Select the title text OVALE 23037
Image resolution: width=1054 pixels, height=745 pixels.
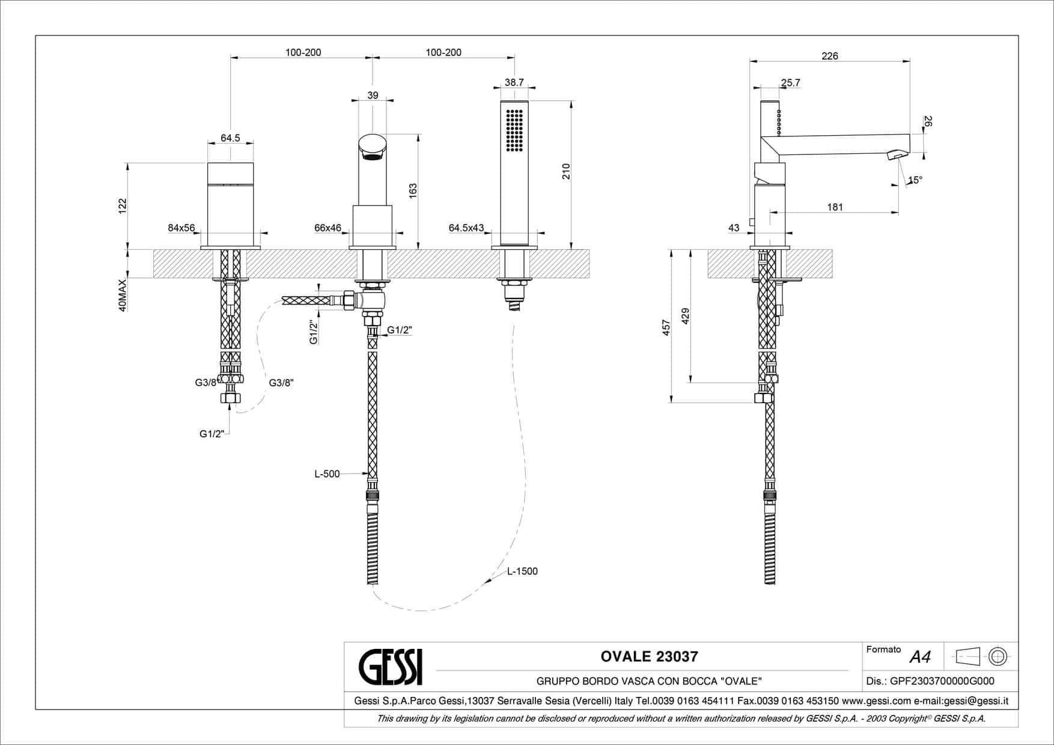coord(649,656)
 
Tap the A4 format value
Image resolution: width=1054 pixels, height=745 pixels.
coord(920,657)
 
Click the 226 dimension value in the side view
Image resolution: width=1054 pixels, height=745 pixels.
coord(829,56)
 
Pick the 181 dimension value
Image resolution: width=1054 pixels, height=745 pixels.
coord(835,207)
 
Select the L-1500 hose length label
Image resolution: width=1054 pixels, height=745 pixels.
coord(522,571)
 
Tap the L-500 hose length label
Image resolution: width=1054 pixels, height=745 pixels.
coord(327,474)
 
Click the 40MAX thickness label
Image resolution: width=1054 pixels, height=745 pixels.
coord(123,295)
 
